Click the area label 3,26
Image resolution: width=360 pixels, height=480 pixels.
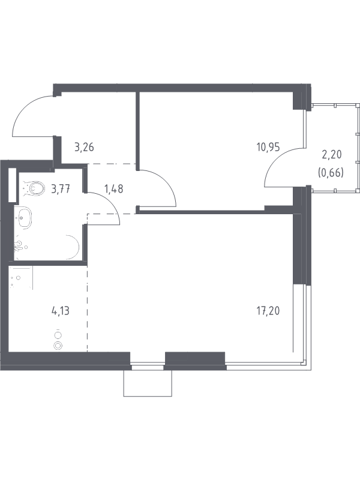tap(84, 148)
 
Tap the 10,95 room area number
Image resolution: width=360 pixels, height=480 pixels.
tap(268, 148)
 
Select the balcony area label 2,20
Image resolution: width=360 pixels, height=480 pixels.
tap(332, 155)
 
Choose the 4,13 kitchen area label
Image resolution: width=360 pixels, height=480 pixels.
tap(61, 311)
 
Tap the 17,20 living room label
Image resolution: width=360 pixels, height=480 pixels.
tap(268, 311)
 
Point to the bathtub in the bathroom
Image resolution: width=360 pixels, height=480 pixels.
tap(47, 247)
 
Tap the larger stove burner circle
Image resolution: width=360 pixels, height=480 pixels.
tap(58, 346)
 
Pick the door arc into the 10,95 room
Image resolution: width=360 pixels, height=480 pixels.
tap(166, 181)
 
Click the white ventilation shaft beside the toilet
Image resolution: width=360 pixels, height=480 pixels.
tap(12, 185)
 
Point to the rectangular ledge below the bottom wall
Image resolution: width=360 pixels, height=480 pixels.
tap(148, 383)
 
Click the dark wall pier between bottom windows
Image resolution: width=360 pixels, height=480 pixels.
tap(195, 361)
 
